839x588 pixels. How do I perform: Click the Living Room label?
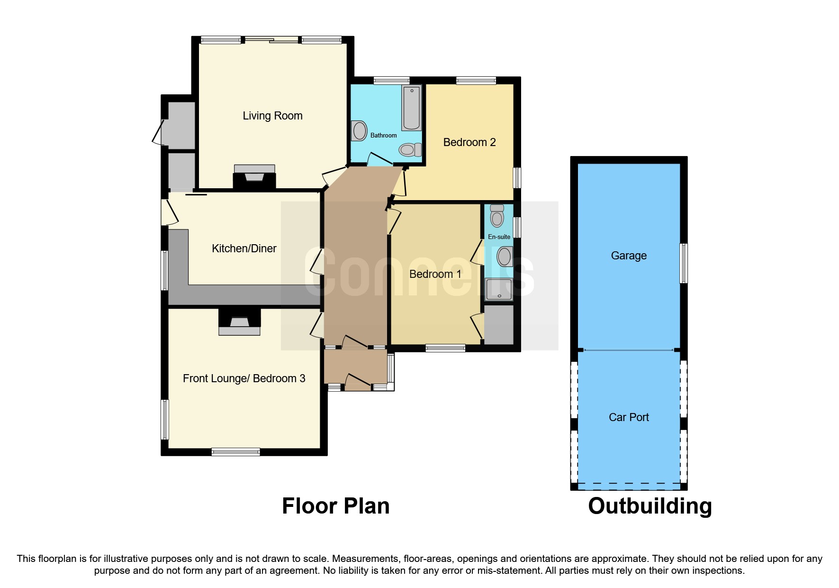click(x=272, y=116)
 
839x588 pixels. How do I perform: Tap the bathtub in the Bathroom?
click(x=411, y=108)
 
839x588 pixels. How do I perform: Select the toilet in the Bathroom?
click(x=410, y=150)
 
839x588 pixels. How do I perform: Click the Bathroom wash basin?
click(x=359, y=131)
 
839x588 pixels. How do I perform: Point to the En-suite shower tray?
click(x=499, y=289)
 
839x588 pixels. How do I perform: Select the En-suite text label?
click(x=499, y=237)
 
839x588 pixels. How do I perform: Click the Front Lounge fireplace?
click(x=239, y=322)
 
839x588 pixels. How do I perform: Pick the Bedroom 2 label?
click(x=469, y=142)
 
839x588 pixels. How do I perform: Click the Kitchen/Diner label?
click(x=244, y=248)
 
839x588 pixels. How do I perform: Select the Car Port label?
click(x=628, y=417)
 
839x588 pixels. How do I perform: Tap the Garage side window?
click(x=683, y=263)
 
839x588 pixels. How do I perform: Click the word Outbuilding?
click(x=650, y=506)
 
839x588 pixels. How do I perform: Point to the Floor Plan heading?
click(x=335, y=506)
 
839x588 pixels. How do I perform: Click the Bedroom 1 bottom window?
click(x=445, y=348)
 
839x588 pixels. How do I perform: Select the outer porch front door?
click(x=358, y=382)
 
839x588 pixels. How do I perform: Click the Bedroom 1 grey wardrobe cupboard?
click(x=499, y=324)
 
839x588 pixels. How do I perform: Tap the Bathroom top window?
click(x=391, y=81)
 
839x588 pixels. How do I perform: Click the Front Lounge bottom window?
click(x=235, y=451)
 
